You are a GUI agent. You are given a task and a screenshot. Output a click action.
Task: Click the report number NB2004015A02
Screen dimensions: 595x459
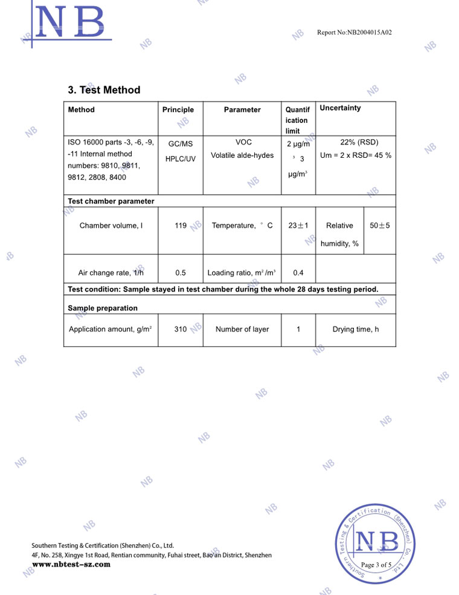point(355,32)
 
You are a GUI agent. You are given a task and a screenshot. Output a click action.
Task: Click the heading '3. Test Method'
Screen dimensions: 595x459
point(104,90)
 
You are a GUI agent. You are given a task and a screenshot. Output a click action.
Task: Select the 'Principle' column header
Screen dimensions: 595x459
point(178,109)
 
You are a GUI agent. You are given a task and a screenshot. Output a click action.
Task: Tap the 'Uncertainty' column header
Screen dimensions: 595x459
point(340,108)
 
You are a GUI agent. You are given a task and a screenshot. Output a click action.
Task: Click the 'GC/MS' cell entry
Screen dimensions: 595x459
point(180,144)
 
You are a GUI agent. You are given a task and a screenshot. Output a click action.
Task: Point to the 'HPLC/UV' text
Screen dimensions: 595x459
point(180,159)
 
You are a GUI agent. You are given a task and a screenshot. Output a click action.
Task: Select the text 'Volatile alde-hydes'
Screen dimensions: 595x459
point(242,155)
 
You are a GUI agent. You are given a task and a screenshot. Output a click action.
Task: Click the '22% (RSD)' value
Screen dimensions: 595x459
point(359,142)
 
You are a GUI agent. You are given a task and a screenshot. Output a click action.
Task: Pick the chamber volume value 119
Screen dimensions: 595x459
point(180,226)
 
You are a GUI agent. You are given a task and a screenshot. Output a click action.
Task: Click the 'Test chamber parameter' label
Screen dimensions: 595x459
point(111,201)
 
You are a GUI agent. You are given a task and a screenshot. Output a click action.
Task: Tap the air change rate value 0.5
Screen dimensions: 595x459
point(180,273)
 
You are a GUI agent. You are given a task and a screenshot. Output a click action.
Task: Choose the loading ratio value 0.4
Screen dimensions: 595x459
point(298,273)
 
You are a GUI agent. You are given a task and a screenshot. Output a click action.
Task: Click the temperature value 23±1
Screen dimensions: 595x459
point(298,226)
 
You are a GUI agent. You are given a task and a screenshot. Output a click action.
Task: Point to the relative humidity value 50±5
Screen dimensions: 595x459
point(379,226)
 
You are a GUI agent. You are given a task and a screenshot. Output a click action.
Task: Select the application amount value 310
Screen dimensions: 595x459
point(180,330)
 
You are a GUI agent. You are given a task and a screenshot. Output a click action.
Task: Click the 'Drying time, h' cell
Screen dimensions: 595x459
point(356,330)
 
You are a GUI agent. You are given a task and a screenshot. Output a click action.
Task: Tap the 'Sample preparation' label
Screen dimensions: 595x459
point(103,308)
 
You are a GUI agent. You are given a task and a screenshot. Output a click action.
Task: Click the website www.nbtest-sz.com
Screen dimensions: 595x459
point(71,564)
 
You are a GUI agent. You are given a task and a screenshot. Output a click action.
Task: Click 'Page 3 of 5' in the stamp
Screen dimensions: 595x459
point(376,565)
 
